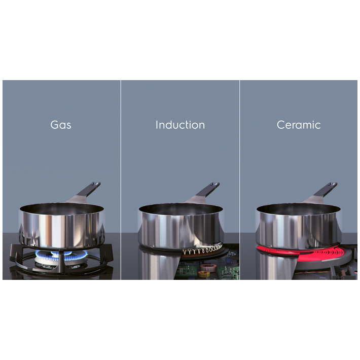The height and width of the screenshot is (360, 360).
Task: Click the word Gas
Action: (61, 125)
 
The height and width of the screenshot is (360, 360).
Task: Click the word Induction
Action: (180, 125)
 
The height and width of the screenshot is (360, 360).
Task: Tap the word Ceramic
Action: (299, 125)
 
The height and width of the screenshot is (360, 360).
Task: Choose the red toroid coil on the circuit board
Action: (205, 268)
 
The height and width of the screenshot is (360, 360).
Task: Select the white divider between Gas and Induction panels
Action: (121, 180)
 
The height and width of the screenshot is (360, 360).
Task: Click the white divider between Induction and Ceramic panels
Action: (239, 180)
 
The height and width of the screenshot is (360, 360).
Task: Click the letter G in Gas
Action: (54, 125)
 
